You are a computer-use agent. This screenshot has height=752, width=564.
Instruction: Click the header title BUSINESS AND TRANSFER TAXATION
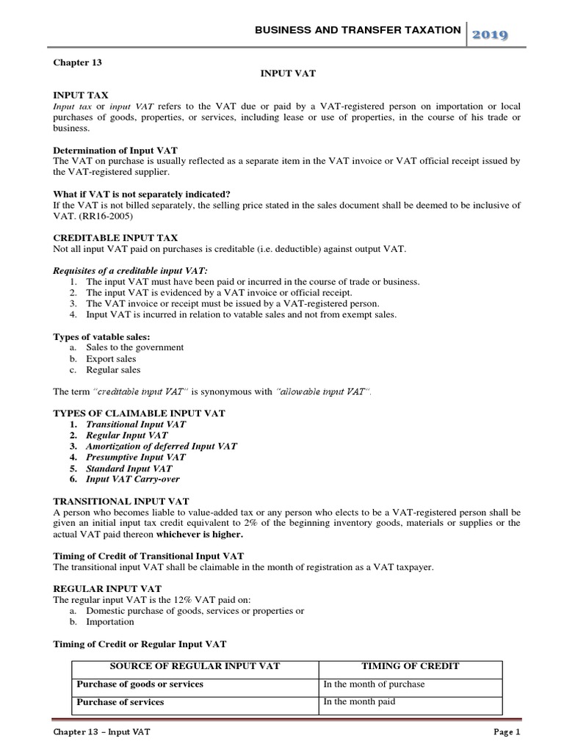(358, 30)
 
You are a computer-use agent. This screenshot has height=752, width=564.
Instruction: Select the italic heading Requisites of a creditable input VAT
(129, 271)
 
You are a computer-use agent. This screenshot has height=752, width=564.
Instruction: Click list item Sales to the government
(135, 347)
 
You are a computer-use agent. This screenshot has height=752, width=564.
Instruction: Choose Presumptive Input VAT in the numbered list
(136, 457)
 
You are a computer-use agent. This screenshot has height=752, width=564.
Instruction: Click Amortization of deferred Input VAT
(162, 446)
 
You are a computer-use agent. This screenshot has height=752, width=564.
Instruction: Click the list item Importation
(110, 621)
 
